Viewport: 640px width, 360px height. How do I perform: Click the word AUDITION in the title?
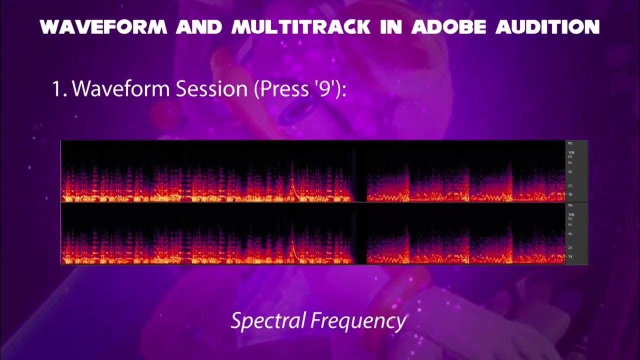pos(547,27)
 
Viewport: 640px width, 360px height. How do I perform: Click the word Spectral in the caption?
pos(267,321)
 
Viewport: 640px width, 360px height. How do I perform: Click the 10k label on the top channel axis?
pos(570,152)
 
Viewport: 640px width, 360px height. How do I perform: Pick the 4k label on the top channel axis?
pos(570,171)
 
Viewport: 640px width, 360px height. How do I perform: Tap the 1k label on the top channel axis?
pos(570,194)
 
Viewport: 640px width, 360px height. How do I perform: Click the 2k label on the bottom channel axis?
pos(570,247)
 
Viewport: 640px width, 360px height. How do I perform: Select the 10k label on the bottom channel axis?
pos(570,214)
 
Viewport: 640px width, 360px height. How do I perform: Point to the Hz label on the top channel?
pos(570,143)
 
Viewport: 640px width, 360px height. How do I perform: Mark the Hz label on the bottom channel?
pos(570,205)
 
